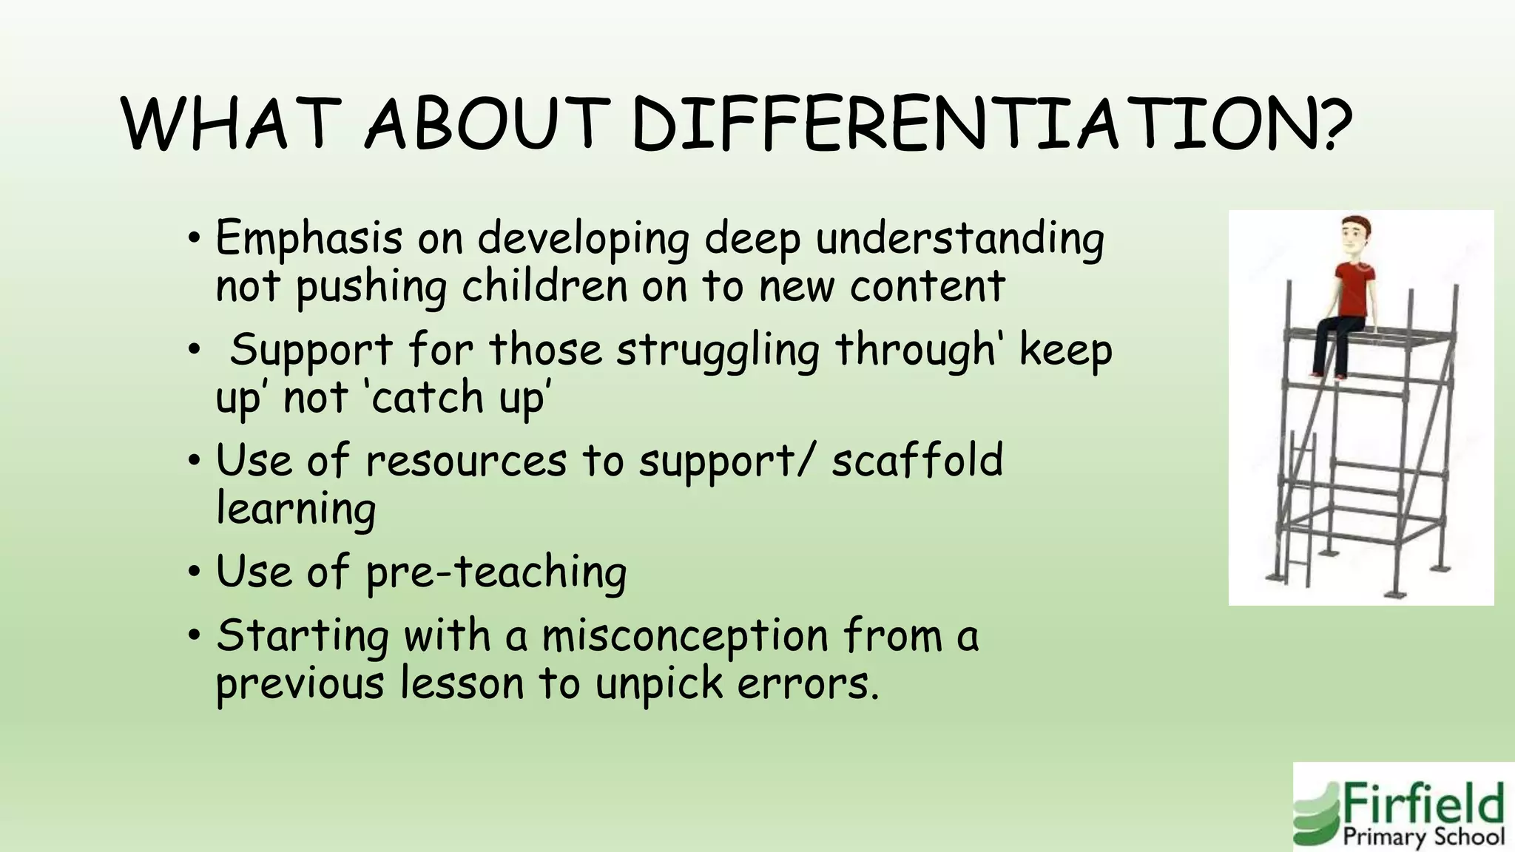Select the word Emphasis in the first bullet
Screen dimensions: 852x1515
(309, 240)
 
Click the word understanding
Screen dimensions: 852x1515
(959, 240)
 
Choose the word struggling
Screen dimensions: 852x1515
(718, 351)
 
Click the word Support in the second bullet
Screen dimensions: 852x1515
(311, 351)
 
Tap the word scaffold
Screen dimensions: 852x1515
(917, 460)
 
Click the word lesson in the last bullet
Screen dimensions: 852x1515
(462, 683)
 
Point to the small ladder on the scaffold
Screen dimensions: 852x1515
(1299, 510)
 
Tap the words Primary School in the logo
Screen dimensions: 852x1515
(1423, 836)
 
